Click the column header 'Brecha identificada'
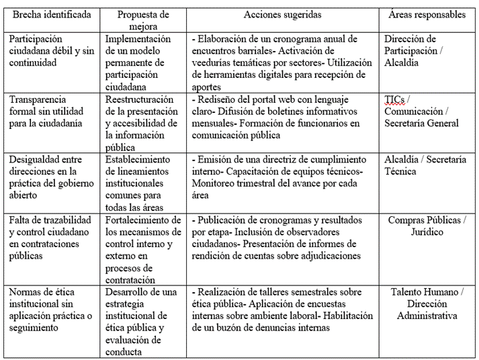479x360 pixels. (x=52, y=15)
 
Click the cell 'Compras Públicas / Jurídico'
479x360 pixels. (x=427, y=226)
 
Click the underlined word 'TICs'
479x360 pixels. (x=394, y=99)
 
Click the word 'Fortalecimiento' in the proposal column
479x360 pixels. (x=138, y=220)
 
